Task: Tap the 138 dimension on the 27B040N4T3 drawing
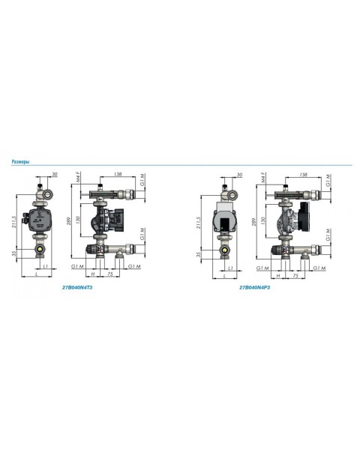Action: tap(118, 175)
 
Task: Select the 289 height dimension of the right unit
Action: tap(253, 223)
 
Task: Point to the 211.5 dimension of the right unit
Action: tap(196, 223)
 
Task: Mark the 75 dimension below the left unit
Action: tap(110, 275)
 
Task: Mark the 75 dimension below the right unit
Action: tap(298, 275)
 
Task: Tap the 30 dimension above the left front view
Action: tap(55, 175)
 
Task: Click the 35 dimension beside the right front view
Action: tap(196, 254)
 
